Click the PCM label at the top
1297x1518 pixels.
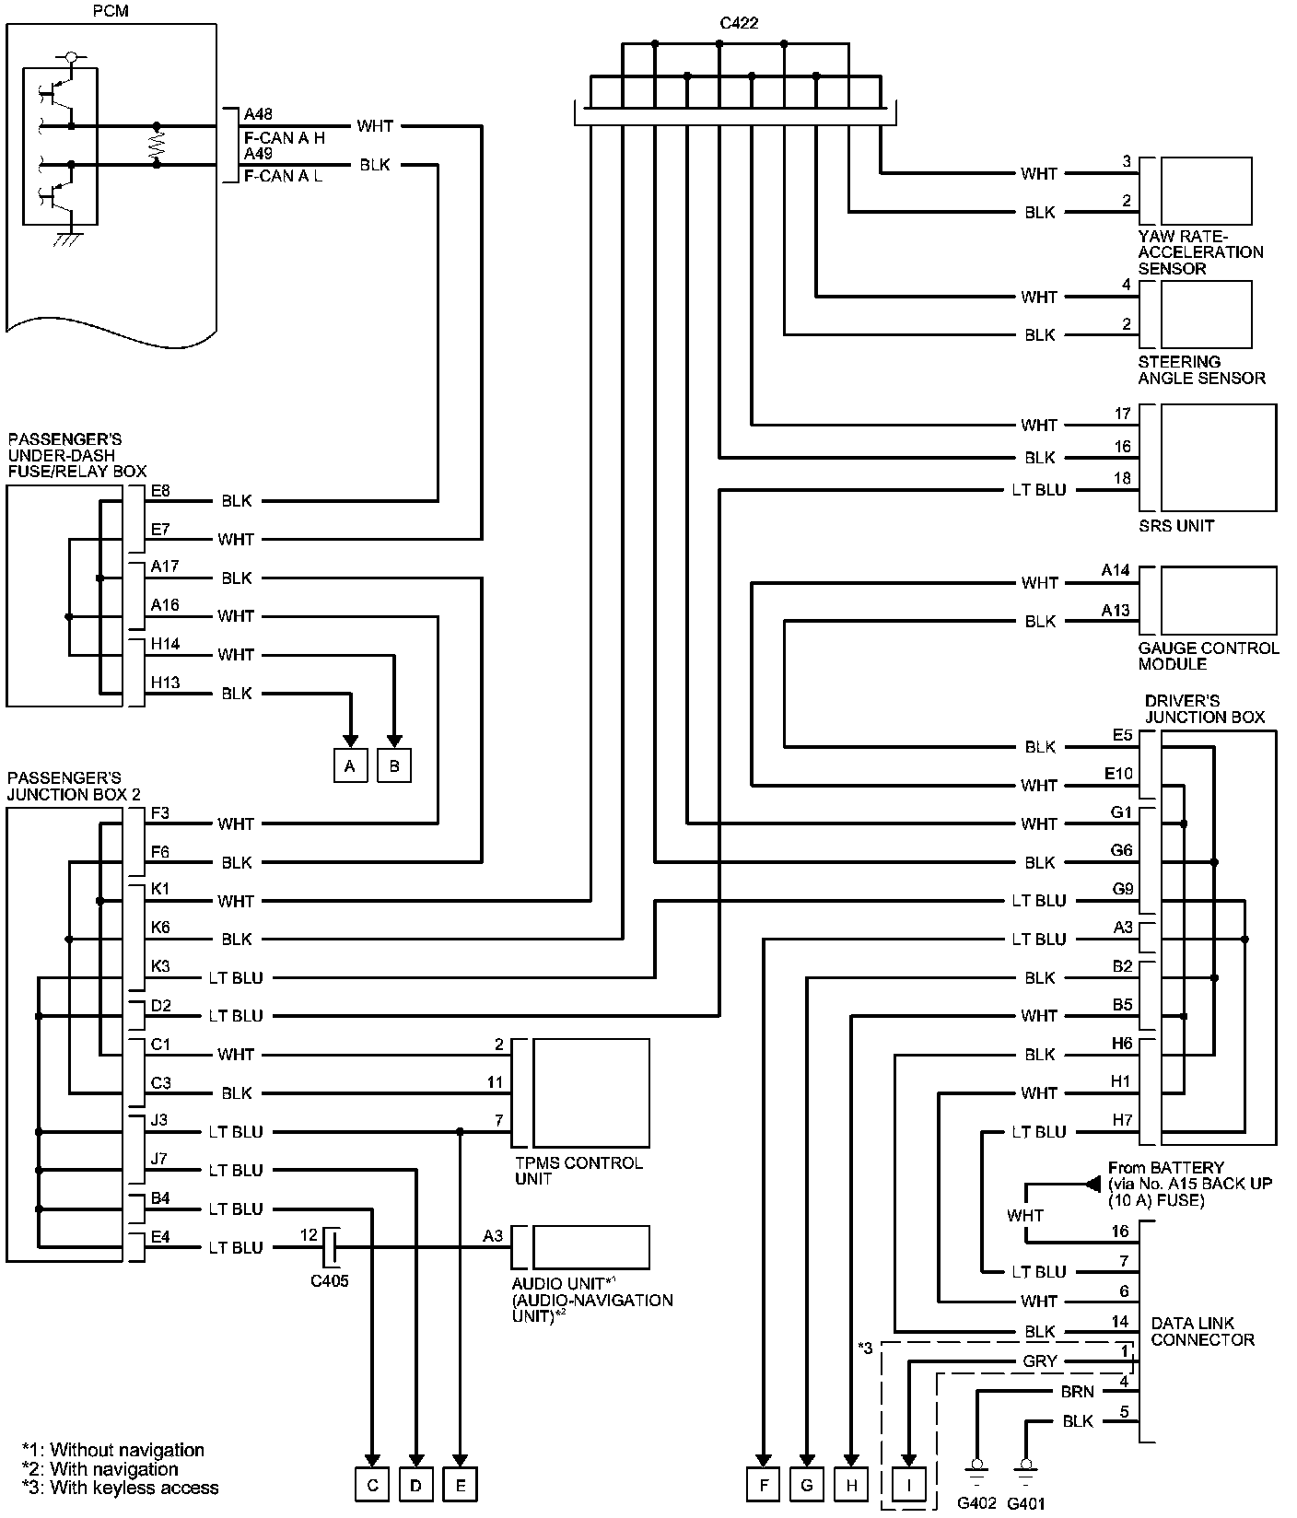coord(111,10)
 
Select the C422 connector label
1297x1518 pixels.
coord(739,23)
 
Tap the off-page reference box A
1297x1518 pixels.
coord(350,766)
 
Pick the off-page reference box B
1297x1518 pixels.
coord(394,766)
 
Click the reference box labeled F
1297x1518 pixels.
coord(763,1485)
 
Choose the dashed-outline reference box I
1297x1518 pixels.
coord(909,1485)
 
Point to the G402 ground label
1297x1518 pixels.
coord(976,1503)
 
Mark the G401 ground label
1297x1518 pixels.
coord(1025,1503)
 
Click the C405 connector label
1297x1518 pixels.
coord(329,1280)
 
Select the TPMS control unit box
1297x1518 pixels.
coord(590,1092)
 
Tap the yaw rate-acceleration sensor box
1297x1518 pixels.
coord(1206,191)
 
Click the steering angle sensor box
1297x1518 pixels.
coord(1206,315)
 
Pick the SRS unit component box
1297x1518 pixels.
coord(1218,457)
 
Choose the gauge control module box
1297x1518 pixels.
coord(1218,601)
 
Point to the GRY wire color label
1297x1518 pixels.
coord(1040,1361)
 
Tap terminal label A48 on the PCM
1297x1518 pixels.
coord(258,115)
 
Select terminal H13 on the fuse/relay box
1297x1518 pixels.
coord(165,683)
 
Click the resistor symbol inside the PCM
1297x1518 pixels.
coord(157,145)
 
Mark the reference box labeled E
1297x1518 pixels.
coord(460,1485)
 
